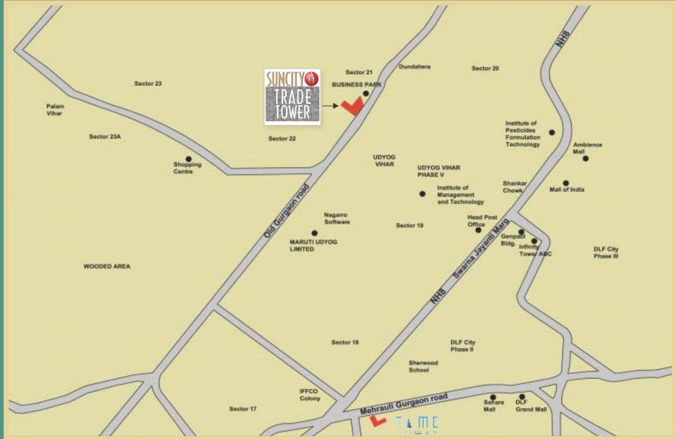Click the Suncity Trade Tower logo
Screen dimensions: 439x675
pyautogui.click(x=292, y=97)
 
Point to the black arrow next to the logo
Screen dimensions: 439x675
pyautogui.click(x=330, y=106)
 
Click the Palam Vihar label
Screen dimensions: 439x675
pyautogui.click(x=55, y=110)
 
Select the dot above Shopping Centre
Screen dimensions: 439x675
pyautogui.click(x=188, y=159)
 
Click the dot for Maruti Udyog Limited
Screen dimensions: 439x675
pyautogui.click(x=314, y=233)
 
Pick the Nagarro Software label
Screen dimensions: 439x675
pyautogui.click(x=337, y=218)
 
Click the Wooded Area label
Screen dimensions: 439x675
pyautogui.click(x=107, y=266)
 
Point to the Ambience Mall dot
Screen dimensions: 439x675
pyautogui.click(x=585, y=158)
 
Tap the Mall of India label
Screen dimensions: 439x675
pyautogui.click(x=566, y=190)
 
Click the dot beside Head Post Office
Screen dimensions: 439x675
pyautogui.click(x=479, y=230)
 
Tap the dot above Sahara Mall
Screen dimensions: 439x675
pyautogui.click(x=493, y=397)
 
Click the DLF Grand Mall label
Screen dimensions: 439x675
pyautogui.click(x=531, y=406)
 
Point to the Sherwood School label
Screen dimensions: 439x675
pyautogui.click(x=423, y=366)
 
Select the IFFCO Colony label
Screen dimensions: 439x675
pyautogui.click(x=310, y=395)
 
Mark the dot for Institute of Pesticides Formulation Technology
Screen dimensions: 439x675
pyautogui.click(x=552, y=133)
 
